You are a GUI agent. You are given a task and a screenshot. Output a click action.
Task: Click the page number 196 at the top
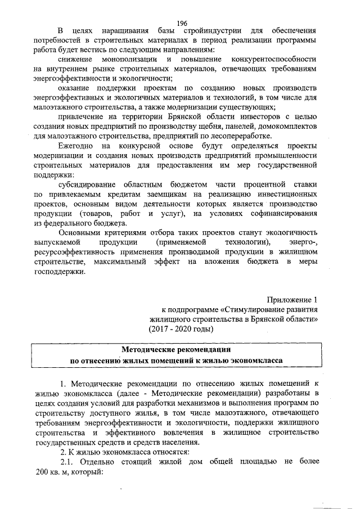(181, 23)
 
